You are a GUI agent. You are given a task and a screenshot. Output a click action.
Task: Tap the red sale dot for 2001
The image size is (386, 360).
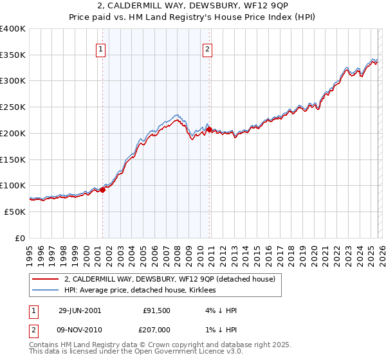(102, 189)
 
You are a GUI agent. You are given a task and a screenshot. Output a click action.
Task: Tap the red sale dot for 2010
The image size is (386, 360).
(210, 129)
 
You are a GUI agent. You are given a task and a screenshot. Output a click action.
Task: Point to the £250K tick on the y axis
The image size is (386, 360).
(14, 107)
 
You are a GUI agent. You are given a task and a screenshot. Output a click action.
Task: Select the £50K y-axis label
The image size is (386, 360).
(15, 212)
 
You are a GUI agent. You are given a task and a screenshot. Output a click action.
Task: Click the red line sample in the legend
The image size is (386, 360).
(44, 279)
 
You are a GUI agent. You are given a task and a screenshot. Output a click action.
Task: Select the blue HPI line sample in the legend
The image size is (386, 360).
(44, 290)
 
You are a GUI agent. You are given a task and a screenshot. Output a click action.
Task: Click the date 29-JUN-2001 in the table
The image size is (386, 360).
(80, 310)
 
